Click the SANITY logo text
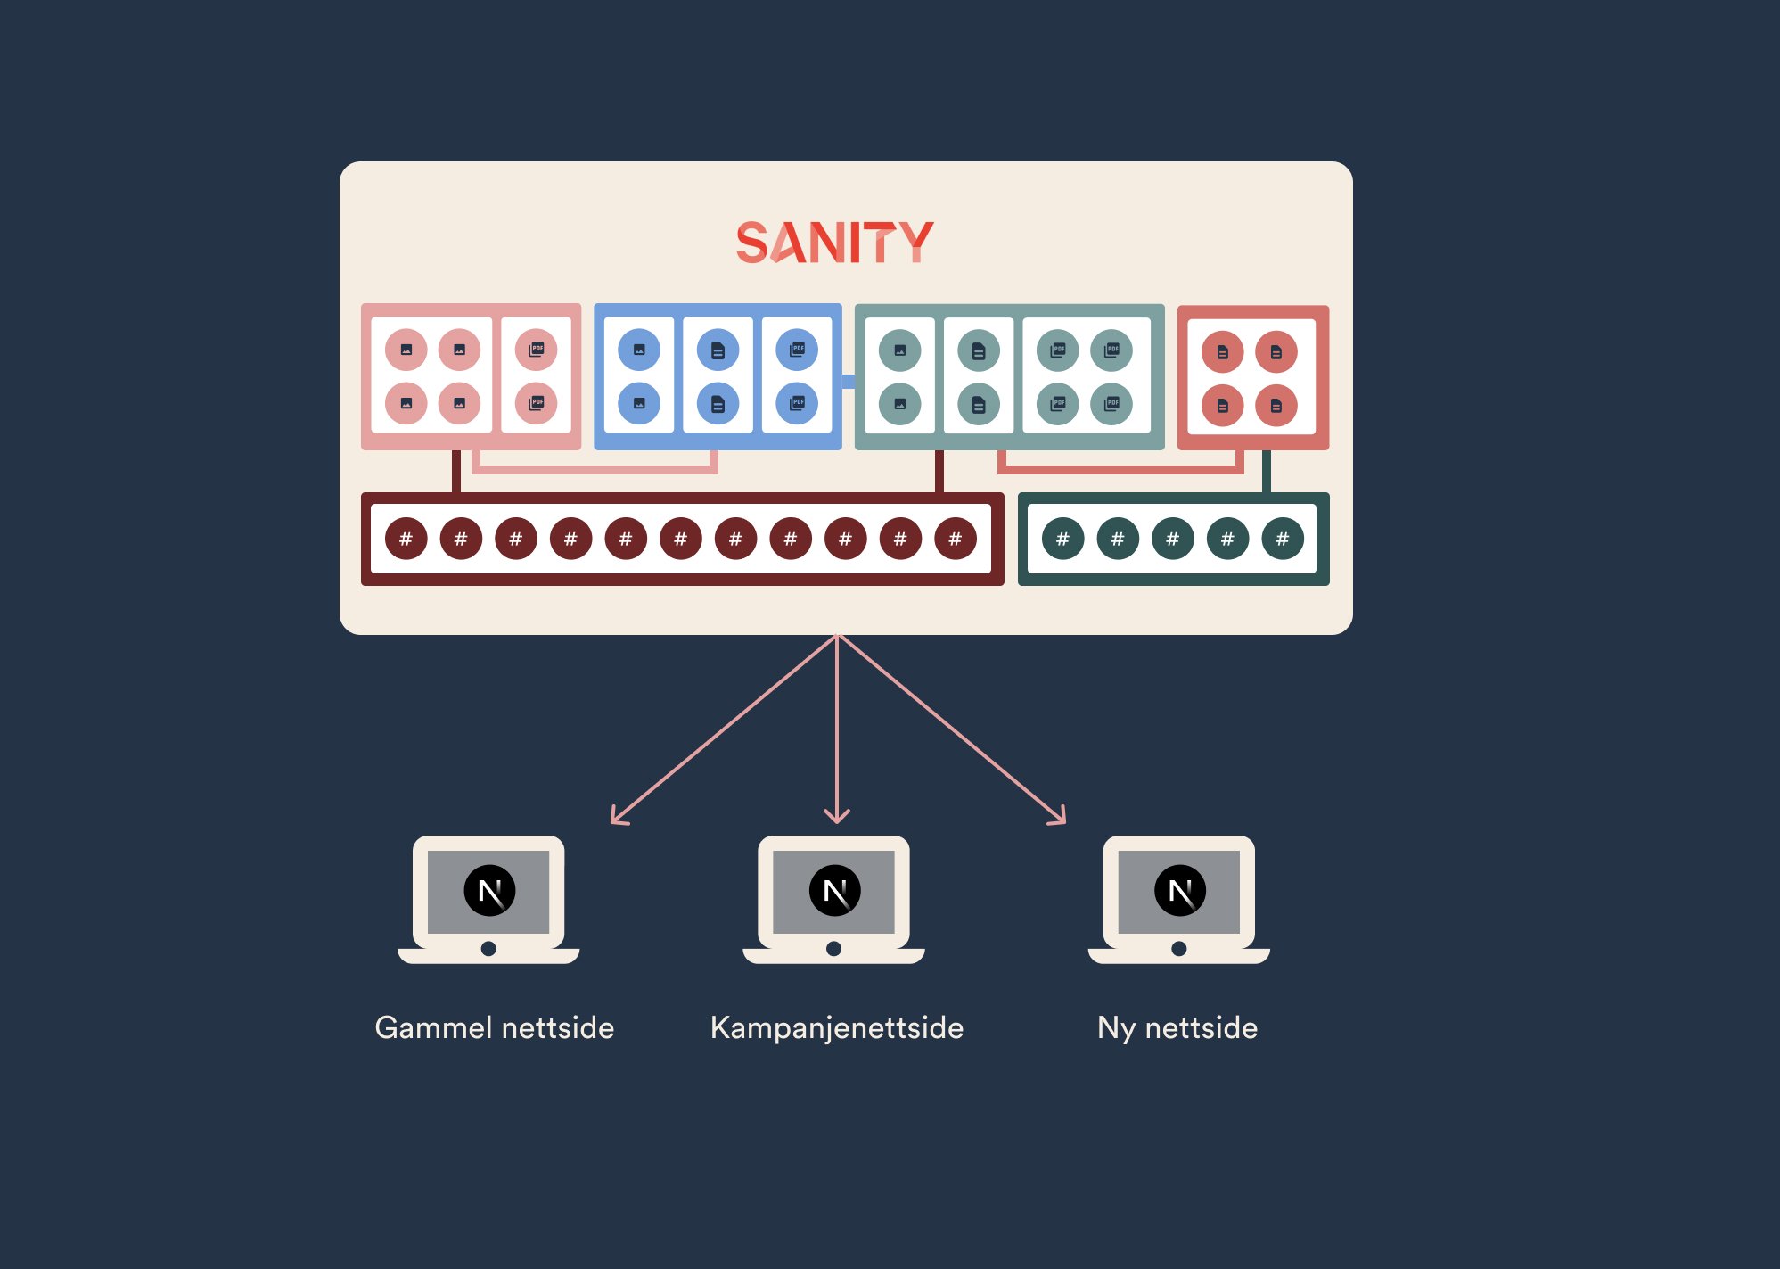834,242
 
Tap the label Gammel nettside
495,1028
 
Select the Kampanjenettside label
836,1028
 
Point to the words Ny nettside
1177,1028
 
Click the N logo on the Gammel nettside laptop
489,890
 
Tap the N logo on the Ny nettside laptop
1179,890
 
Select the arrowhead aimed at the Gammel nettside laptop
618,818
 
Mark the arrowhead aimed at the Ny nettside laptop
1059,818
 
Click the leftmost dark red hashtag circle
406,539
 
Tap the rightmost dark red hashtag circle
955,539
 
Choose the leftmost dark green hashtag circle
1062,539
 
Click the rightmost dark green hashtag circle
1282,539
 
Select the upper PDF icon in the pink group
536,349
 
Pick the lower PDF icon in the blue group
797,403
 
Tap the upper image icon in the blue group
639,350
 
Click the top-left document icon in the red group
1222,352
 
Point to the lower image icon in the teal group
899,404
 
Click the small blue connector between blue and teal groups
848,382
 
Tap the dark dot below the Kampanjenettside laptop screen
833,949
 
